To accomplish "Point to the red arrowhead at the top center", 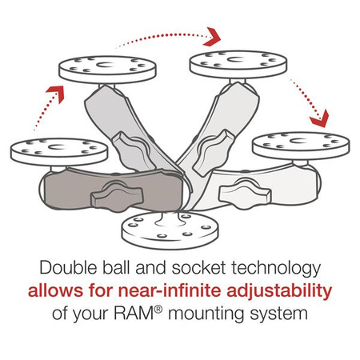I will click(x=213, y=37).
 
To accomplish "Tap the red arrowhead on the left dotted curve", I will click(x=54, y=90).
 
